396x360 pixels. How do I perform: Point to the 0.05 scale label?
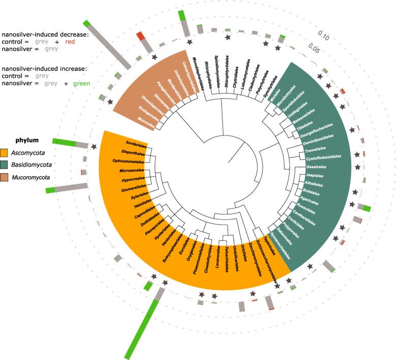314,50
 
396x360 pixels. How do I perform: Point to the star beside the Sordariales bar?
94,147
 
